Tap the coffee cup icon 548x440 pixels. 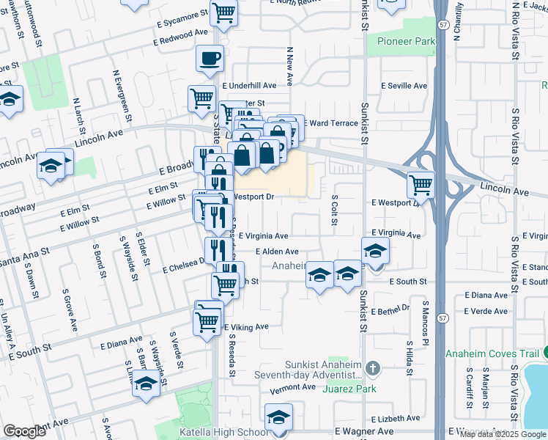coord(210,58)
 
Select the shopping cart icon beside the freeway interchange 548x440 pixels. coord(421,183)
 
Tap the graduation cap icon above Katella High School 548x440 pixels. coord(278,417)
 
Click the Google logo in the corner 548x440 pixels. coord(24,431)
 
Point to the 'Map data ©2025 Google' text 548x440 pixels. coord(502,434)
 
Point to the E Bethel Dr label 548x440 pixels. coord(390,309)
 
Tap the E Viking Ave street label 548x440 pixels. coord(247,327)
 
